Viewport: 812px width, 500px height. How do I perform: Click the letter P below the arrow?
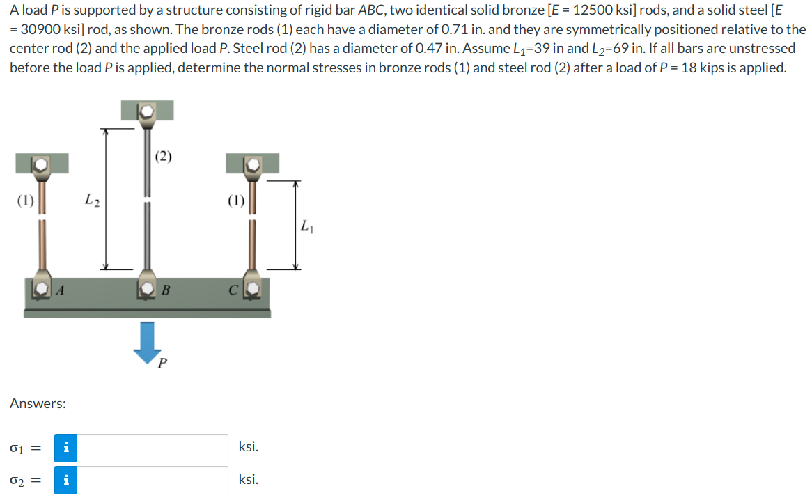click(x=162, y=363)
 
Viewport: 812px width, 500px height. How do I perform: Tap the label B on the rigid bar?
click(x=165, y=290)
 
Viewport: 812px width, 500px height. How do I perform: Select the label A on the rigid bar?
click(x=61, y=290)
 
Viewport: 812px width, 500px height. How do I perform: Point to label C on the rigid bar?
click(x=236, y=290)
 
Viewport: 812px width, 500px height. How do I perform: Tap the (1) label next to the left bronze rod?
click(x=25, y=201)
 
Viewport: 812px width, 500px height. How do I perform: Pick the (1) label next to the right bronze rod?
click(x=236, y=201)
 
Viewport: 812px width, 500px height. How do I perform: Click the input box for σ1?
click(x=153, y=448)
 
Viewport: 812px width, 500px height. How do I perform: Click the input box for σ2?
click(x=153, y=480)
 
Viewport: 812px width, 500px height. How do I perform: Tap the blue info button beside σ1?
click(x=65, y=448)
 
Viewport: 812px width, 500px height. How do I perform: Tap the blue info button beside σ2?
click(x=65, y=480)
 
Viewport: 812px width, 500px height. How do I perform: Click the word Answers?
click(x=38, y=403)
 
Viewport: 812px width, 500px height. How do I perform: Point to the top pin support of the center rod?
click(x=146, y=111)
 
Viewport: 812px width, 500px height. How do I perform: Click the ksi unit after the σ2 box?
click(x=248, y=479)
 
